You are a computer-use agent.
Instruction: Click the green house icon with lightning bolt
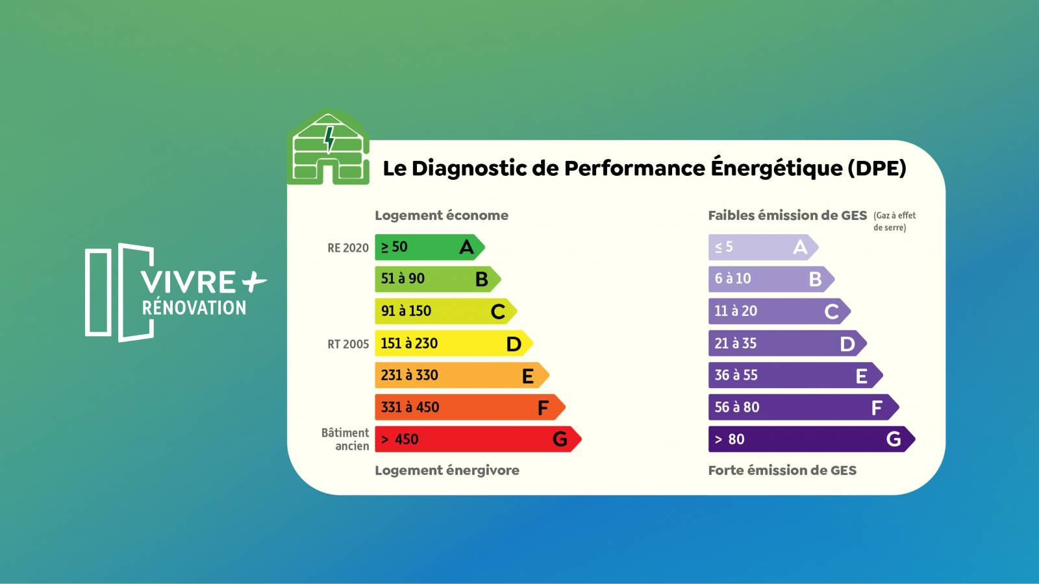329,148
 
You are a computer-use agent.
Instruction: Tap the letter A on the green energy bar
466,247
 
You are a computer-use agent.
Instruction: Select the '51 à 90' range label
403,278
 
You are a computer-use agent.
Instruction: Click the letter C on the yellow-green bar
498,311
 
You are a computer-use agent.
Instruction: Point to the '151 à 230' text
409,343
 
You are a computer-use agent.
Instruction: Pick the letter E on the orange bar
528,376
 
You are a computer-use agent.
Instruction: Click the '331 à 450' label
410,408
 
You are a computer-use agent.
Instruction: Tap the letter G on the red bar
560,439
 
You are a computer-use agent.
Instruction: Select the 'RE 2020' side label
348,248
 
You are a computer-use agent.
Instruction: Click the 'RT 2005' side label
348,344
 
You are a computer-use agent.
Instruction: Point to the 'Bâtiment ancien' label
345,439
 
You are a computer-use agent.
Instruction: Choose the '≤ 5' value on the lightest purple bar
723,247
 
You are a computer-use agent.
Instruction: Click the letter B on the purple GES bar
816,279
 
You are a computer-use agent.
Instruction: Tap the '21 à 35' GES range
736,343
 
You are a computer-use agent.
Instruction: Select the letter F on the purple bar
877,408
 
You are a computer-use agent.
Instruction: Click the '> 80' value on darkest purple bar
730,439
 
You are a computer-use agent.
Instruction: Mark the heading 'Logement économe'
442,215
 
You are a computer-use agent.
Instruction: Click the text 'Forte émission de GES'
782,470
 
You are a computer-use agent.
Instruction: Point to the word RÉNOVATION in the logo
194,308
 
